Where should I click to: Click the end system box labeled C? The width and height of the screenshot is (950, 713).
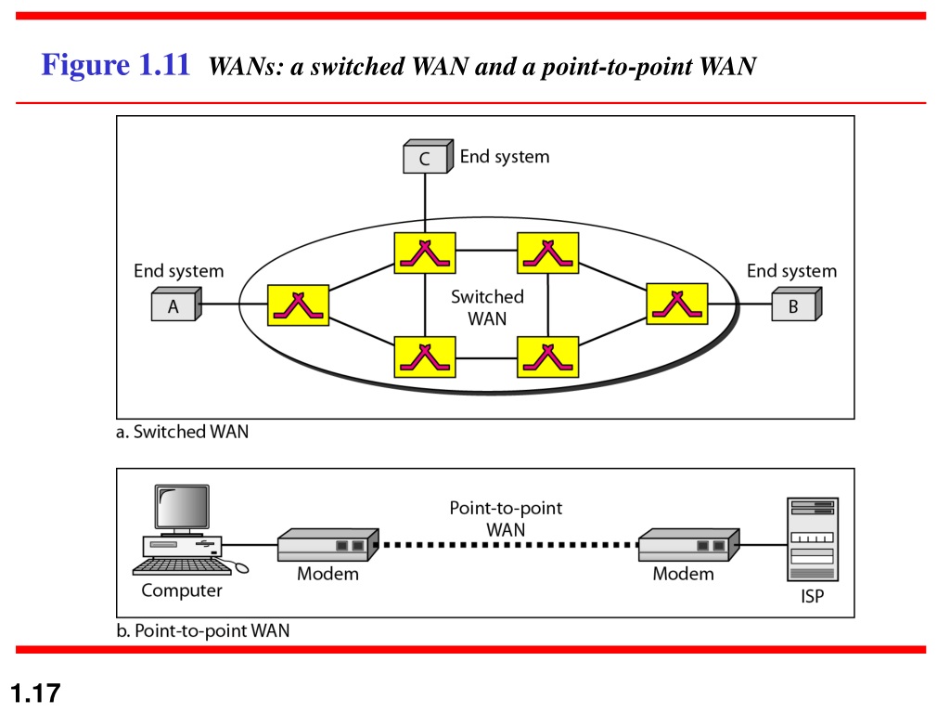[x=428, y=156]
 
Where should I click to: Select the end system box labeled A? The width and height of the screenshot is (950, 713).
[x=176, y=305]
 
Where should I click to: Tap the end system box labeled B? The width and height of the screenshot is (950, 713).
[x=797, y=305]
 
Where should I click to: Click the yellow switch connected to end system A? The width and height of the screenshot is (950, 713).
[x=298, y=305]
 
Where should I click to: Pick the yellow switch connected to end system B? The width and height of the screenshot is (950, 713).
[x=676, y=304]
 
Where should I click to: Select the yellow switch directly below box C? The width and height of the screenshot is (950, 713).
[x=425, y=253]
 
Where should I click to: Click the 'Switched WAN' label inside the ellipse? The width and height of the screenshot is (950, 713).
[x=487, y=307]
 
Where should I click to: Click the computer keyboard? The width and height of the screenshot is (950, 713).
[x=182, y=566]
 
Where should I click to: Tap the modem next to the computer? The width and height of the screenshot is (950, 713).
[x=327, y=544]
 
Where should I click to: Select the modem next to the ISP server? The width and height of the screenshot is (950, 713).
[x=689, y=544]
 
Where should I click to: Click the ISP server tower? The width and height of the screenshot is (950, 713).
[x=813, y=539]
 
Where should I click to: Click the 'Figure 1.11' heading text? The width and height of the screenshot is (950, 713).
[x=115, y=64]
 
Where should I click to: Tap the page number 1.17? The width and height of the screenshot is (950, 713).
[x=36, y=693]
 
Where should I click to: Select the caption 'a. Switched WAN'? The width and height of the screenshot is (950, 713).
[x=183, y=432]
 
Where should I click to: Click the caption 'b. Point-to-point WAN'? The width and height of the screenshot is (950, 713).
[x=203, y=631]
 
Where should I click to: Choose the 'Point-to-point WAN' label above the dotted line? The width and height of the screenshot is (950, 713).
[x=506, y=518]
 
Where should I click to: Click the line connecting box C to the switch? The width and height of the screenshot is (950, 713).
[x=425, y=203]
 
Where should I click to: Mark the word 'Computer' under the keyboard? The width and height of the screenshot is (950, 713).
[x=182, y=590]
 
